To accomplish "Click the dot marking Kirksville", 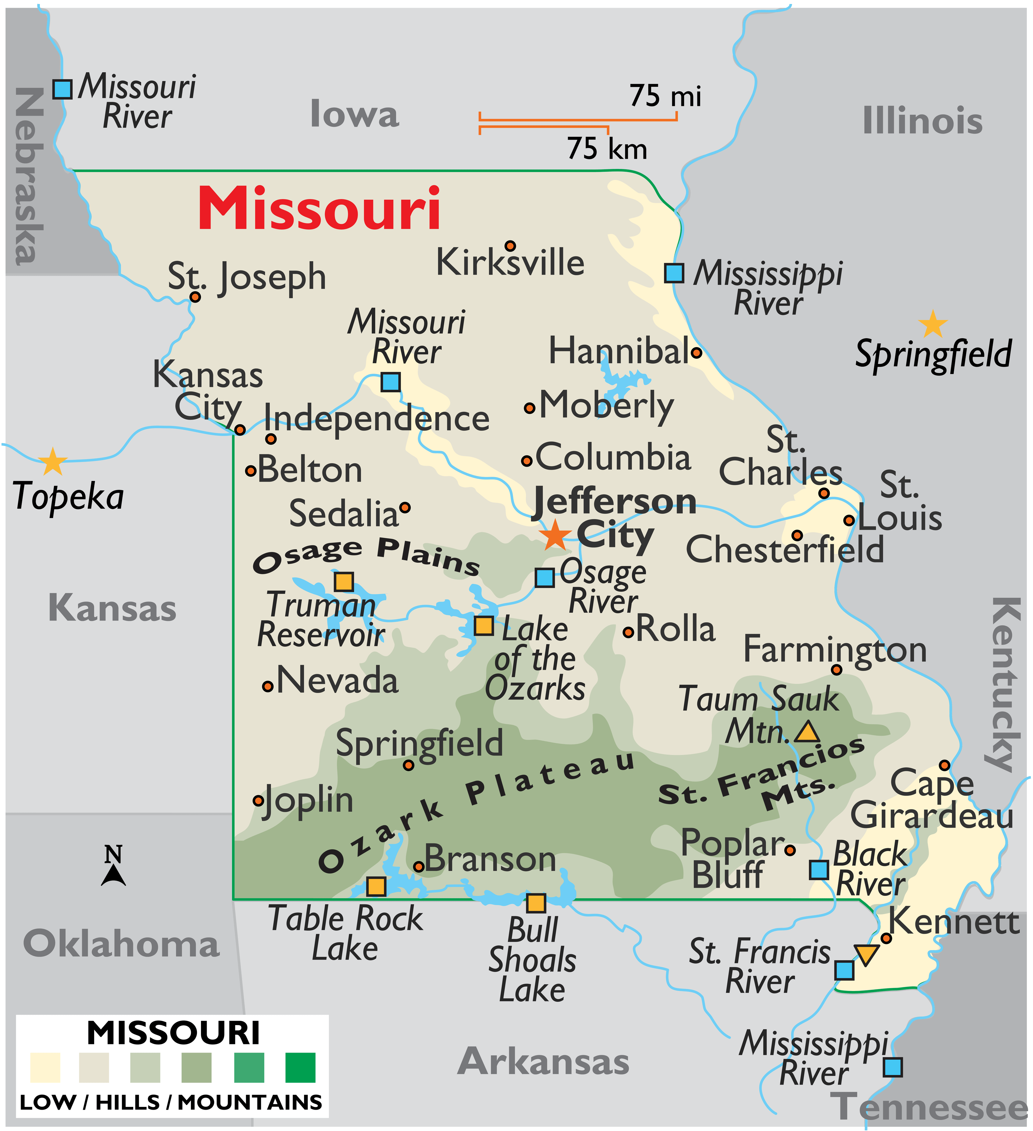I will coord(510,246).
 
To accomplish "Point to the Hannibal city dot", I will coord(696,352).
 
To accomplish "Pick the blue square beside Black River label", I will coord(819,870).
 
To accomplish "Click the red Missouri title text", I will coord(319,209).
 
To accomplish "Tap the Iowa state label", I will coord(354,114).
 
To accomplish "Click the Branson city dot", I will coord(418,866).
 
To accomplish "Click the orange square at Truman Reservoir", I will coord(344,581).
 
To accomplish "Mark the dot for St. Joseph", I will coord(195,297).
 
